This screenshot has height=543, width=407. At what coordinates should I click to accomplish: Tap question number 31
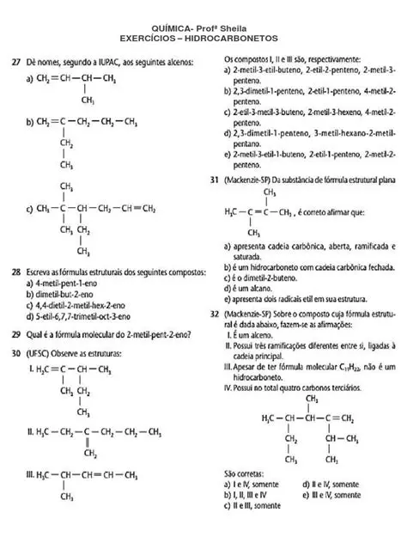click(214, 181)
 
